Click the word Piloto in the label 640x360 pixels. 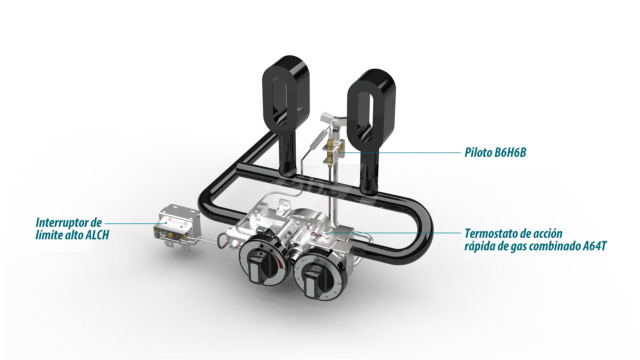tap(478, 153)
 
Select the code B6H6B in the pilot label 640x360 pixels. tap(510, 153)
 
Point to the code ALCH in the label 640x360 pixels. tap(97, 235)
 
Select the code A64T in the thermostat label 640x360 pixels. tap(595, 246)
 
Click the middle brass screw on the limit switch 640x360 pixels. tap(171, 235)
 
